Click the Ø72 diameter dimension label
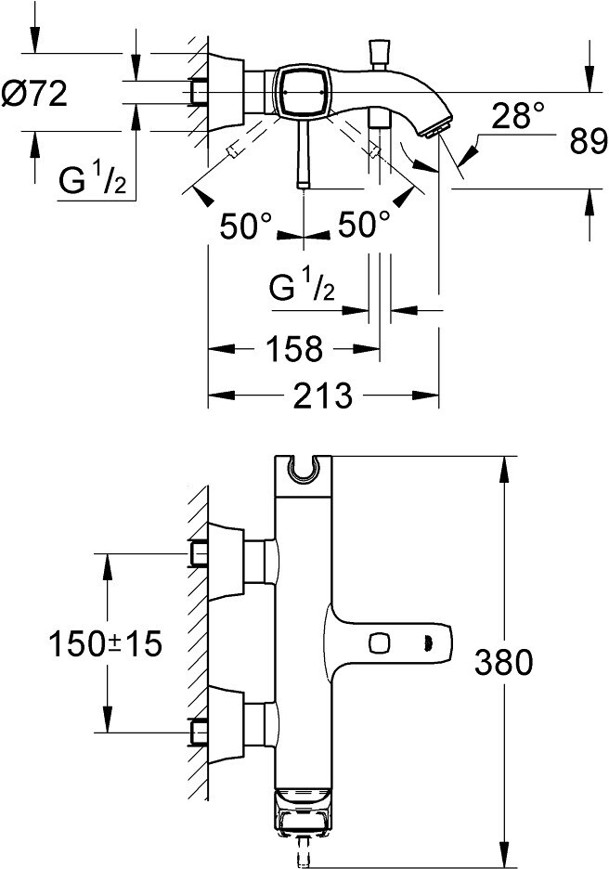36,95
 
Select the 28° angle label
518,116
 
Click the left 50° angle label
247,226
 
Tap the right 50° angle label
363,226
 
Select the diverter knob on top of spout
379,52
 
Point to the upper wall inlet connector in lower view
200,555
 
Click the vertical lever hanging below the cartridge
304,158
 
